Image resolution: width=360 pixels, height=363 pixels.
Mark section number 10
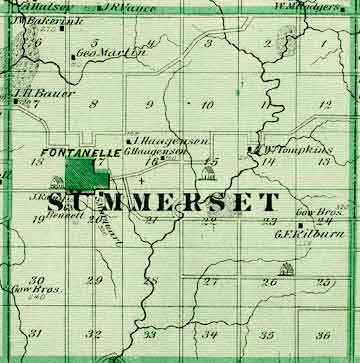(208, 104)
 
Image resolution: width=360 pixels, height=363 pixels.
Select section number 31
(36, 333)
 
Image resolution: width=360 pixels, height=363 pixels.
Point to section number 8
(94, 103)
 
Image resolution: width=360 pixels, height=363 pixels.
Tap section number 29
(95, 281)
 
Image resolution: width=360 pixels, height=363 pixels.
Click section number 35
(267, 333)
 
